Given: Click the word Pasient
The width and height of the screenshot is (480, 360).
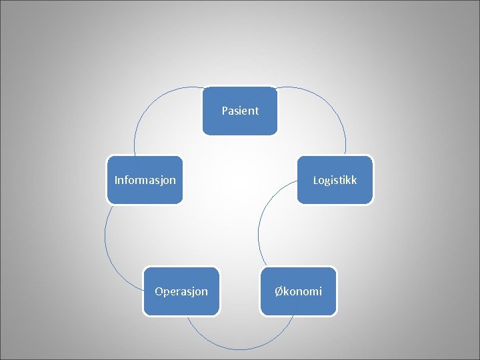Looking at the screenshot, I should click(x=240, y=111).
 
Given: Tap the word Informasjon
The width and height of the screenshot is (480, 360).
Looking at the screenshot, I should click(x=145, y=180).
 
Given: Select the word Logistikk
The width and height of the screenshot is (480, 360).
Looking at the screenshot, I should click(x=335, y=180).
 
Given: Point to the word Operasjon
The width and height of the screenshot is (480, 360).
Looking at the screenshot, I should click(x=181, y=291).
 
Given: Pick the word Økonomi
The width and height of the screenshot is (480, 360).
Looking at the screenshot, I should click(x=299, y=291).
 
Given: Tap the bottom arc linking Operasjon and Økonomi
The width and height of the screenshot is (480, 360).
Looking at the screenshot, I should click(x=240, y=348).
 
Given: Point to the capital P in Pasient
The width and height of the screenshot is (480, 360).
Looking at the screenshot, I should click(x=225, y=111).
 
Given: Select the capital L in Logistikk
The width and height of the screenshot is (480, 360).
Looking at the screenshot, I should click(x=315, y=180).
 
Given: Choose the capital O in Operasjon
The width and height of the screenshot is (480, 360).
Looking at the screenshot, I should click(x=159, y=291).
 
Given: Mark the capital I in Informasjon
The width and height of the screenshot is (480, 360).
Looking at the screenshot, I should click(x=116, y=180).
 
